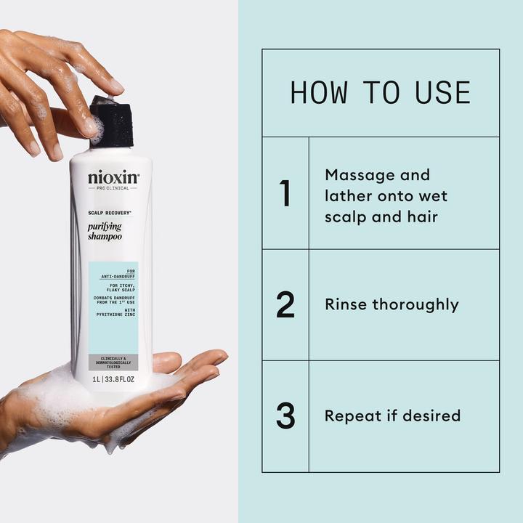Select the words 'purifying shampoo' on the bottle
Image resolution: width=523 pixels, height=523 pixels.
point(105,232)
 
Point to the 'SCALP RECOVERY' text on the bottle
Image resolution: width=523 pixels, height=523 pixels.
point(109,213)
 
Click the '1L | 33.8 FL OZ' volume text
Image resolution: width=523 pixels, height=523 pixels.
point(113,379)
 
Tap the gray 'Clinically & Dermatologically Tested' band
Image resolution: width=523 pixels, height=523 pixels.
point(113,362)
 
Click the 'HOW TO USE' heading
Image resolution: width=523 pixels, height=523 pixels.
point(380,93)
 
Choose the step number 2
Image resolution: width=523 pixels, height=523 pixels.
point(285,305)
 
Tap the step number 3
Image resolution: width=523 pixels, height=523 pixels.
point(285,416)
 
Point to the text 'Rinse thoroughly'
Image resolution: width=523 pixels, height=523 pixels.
point(392,304)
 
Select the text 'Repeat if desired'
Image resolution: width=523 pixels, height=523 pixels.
point(392,416)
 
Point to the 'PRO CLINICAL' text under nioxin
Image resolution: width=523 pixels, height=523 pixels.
point(113,188)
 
